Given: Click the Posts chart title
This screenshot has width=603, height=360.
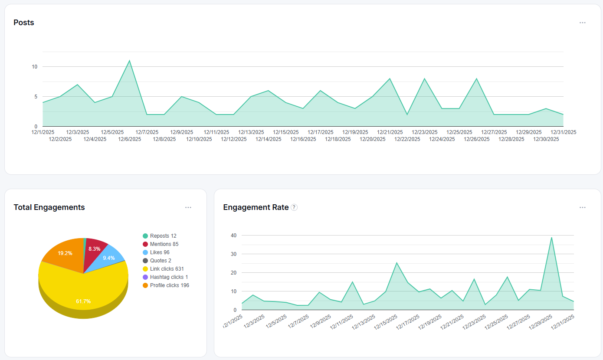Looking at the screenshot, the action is (24, 22).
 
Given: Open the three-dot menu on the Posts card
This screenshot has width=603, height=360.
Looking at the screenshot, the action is (583, 23).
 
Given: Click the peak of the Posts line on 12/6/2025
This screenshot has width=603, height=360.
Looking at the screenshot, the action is (129, 60).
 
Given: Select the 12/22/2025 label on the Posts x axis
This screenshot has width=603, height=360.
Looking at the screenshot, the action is (407, 139).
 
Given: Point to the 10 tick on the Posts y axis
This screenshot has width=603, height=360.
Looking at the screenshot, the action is (34, 67).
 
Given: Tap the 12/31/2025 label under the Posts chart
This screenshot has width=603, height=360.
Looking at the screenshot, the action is (563, 132).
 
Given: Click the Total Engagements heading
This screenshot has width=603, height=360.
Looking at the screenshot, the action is (49, 207).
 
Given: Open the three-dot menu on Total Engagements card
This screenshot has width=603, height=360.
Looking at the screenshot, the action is (188, 207).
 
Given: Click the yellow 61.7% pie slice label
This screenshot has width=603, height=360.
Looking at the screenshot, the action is (83, 301).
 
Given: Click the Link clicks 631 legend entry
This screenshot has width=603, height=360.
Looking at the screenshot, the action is (163, 269).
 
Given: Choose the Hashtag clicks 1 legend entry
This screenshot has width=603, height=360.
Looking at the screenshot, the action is (165, 277).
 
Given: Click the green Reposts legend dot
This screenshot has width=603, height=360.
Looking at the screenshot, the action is (145, 236).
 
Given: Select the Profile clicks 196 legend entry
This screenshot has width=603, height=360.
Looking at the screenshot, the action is (166, 285).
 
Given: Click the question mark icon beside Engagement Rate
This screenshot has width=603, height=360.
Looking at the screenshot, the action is (294, 207).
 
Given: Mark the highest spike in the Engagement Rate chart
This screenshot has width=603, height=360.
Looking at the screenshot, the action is (551, 238).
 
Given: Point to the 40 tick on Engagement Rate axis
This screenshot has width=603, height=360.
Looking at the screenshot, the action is (234, 236).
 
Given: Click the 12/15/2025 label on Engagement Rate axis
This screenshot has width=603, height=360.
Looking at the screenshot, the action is (386, 322).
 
